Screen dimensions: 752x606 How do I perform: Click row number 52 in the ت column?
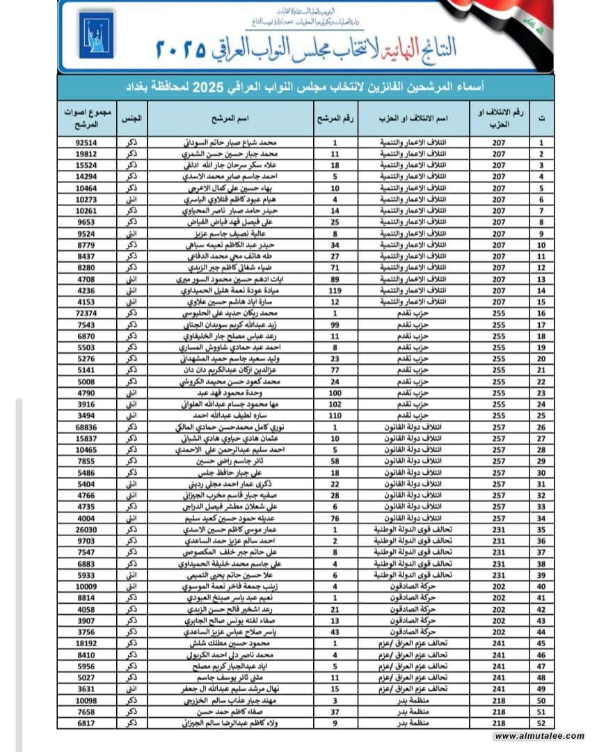coord(541,724)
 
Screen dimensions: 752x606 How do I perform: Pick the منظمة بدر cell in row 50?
coord(416,701)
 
